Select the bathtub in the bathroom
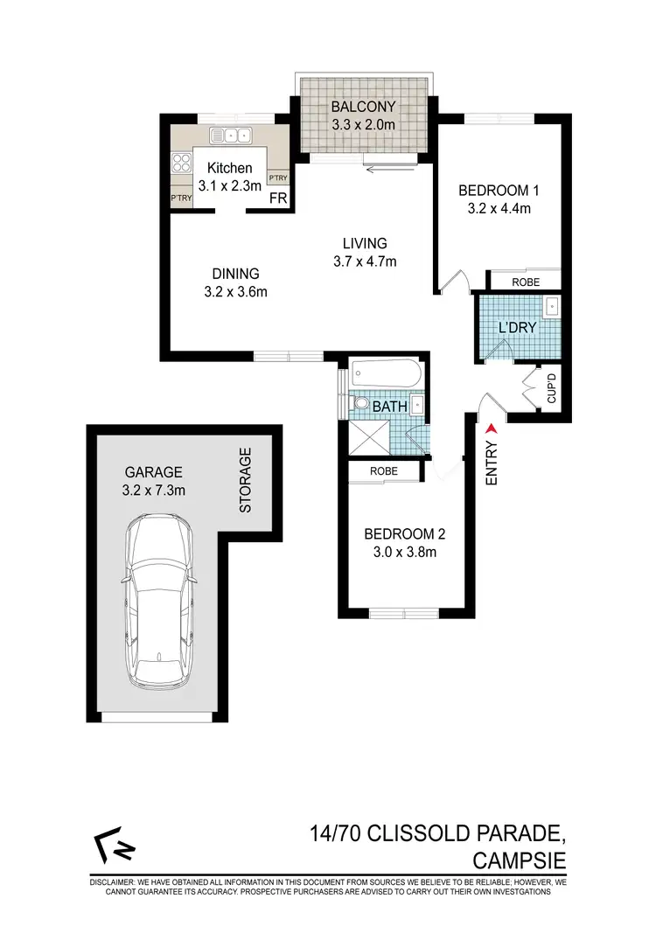point(386,375)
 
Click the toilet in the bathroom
point(362,406)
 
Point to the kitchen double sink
point(231,135)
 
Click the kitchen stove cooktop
point(183,162)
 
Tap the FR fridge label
point(278,198)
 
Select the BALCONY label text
point(363,108)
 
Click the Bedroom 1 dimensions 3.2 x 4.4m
point(496,208)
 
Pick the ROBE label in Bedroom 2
point(383,470)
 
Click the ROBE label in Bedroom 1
point(525,282)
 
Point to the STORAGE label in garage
point(246,480)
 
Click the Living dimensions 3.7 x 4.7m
point(364,261)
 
